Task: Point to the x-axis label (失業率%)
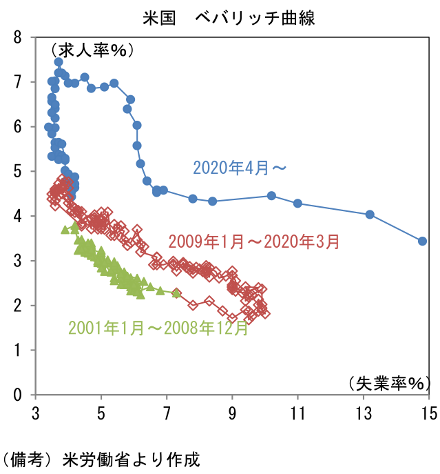(x=388, y=382)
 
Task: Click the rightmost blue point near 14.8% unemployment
(x=423, y=241)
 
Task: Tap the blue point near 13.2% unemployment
(x=370, y=215)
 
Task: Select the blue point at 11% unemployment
(x=297, y=203)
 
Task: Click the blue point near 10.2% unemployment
(x=271, y=195)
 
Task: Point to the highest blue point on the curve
(x=59, y=61)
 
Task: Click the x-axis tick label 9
(x=232, y=413)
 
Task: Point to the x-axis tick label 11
(x=297, y=413)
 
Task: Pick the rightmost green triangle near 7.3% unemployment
(x=176, y=293)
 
